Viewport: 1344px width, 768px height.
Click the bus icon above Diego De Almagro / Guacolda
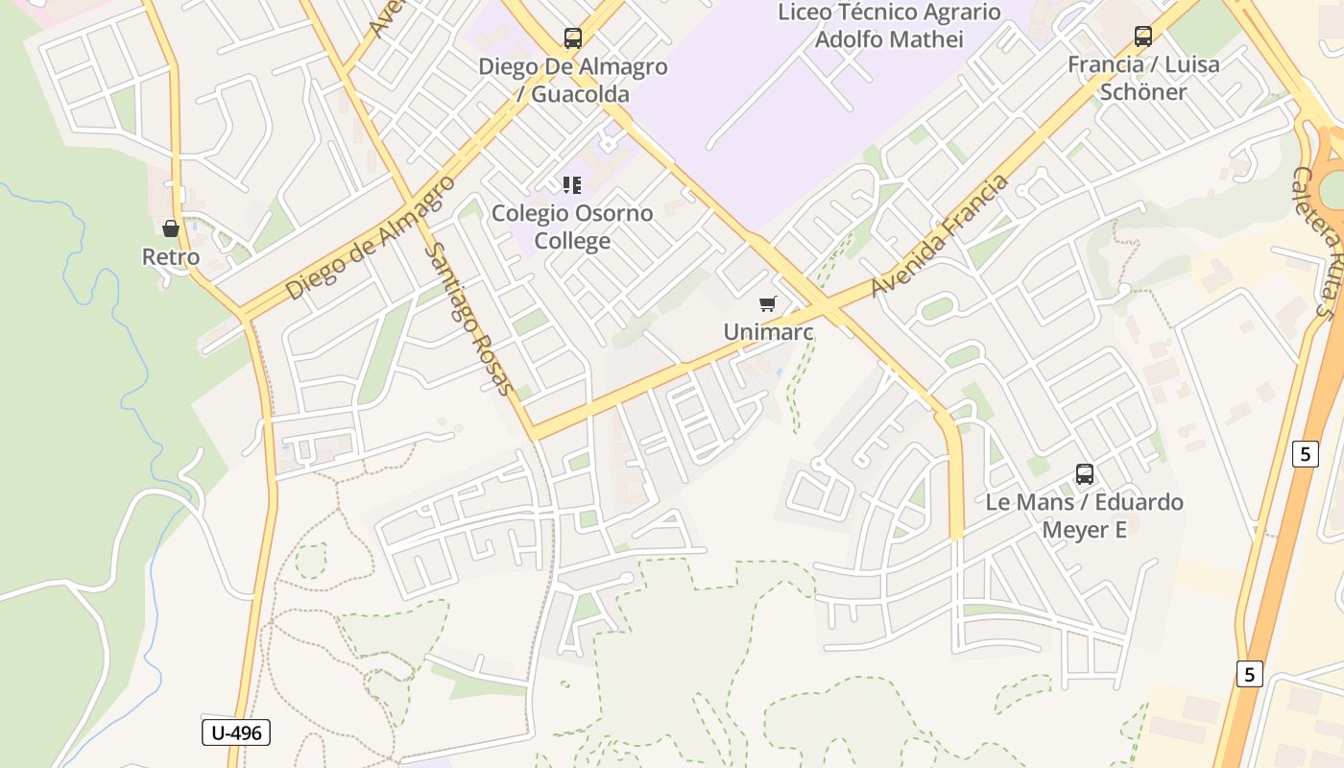tap(573, 38)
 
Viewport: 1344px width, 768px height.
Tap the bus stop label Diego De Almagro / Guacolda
tap(573, 81)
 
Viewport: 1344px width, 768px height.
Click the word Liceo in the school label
tap(806, 12)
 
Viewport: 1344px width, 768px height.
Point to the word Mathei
tap(927, 39)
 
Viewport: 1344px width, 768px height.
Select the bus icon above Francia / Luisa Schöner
tap(1143, 36)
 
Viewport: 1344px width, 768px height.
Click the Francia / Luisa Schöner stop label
tap(1143, 78)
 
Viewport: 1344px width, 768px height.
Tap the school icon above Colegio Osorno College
tap(572, 184)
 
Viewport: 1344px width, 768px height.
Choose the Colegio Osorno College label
tap(572, 227)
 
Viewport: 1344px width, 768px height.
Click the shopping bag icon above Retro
tap(171, 228)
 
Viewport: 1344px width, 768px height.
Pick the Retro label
tap(171, 257)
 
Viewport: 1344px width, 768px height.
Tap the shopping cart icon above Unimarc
tap(767, 304)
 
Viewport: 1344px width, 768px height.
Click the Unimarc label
tap(768, 332)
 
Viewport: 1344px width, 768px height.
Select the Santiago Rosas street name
tap(468, 319)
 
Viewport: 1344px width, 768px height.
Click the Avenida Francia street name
tap(941, 235)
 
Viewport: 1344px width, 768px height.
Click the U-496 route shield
tap(236, 732)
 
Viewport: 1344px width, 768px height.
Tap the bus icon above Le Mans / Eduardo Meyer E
tap(1085, 474)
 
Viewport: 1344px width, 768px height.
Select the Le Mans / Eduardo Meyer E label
tap(1085, 516)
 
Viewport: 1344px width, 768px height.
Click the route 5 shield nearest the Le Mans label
tap(1305, 453)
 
